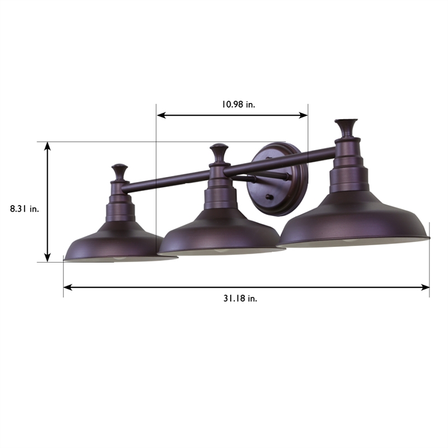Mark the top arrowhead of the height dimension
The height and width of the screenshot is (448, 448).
tap(48, 146)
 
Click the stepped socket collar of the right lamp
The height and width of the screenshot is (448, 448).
tap(347, 174)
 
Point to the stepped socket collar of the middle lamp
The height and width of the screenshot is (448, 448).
tap(218, 193)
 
